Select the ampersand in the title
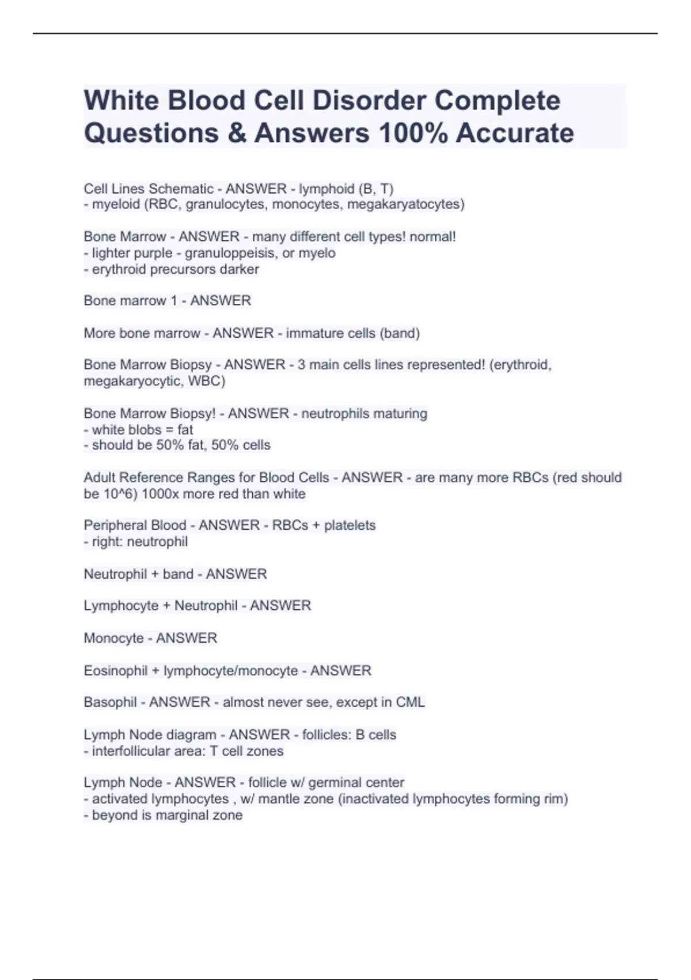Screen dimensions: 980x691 236,133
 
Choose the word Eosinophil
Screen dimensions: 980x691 116,670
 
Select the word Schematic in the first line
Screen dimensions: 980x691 181,189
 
